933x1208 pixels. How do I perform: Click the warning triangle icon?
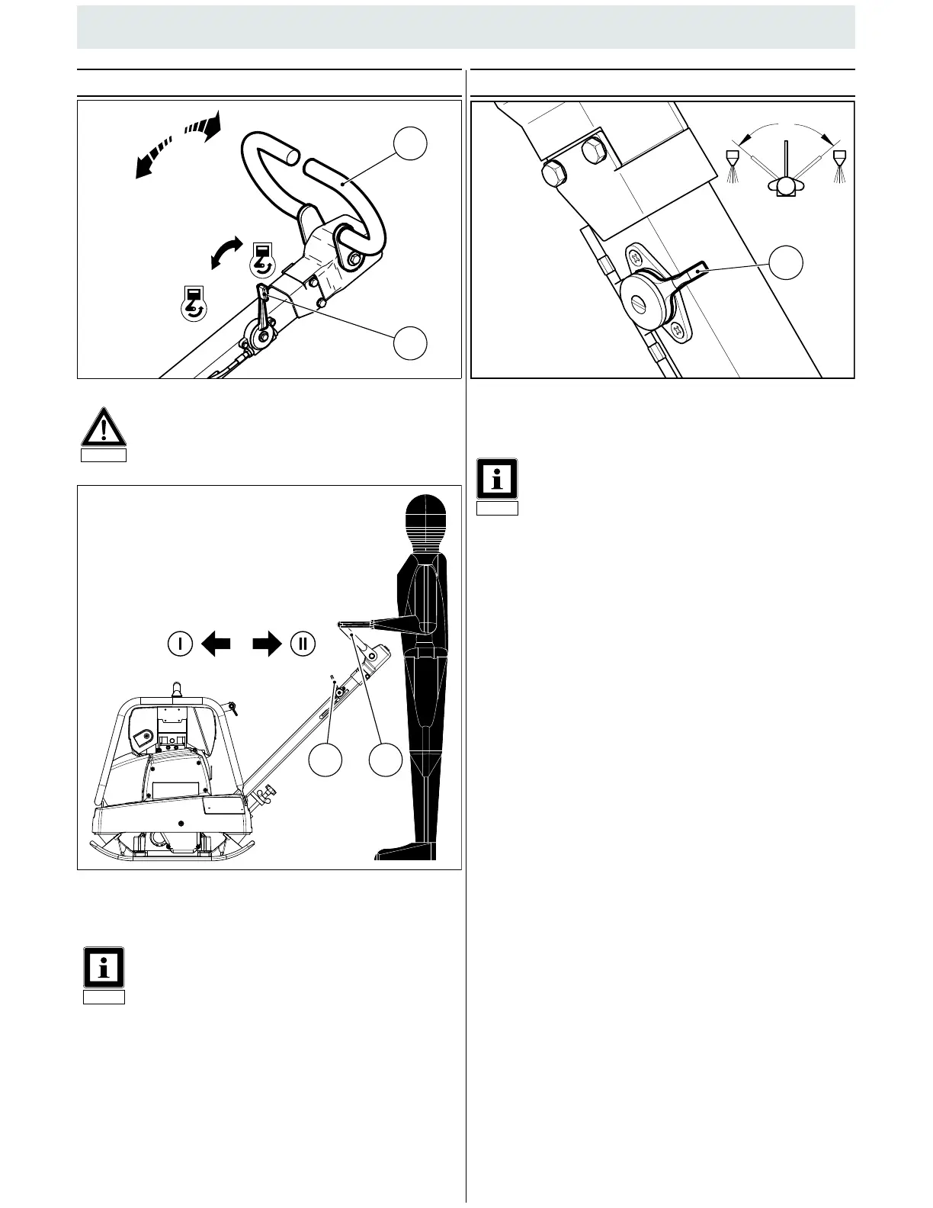104,429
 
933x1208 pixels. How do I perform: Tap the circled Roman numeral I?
180,643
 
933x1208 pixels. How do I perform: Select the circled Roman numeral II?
303,643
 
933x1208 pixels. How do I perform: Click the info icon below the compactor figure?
104,968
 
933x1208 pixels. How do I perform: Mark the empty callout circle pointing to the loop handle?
410,143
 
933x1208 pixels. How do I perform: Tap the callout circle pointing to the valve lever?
785,263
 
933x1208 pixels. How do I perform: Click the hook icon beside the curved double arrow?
261,259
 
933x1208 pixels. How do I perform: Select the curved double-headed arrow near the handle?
226,252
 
